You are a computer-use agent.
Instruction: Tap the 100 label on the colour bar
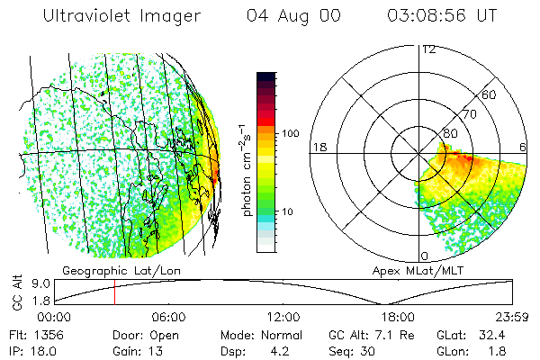(x=291, y=133)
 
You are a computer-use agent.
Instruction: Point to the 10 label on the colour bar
(x=288, y=212)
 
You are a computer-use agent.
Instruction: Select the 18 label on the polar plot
(x=318, y=147)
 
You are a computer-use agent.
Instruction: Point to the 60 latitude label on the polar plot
(x=490, y=94)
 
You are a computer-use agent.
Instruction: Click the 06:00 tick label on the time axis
(x=168, y=317)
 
